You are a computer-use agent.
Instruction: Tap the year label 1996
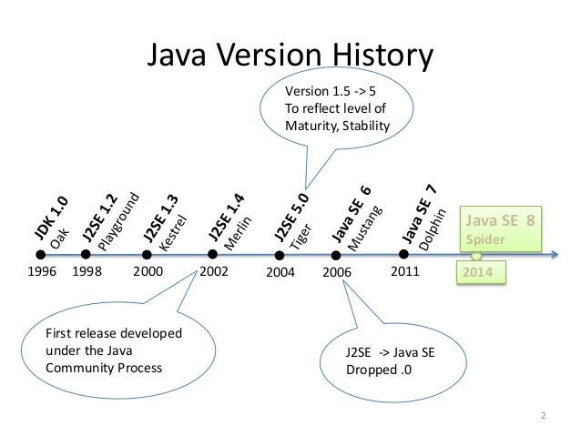click(43, 270)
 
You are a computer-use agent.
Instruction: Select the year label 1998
click(87, 270)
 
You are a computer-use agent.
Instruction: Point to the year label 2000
click(148, 270)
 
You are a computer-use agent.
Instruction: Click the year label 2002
click(215, 270)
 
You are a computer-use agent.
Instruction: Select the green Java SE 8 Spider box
click(500, 229)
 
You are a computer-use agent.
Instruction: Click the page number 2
click(544, 417)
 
